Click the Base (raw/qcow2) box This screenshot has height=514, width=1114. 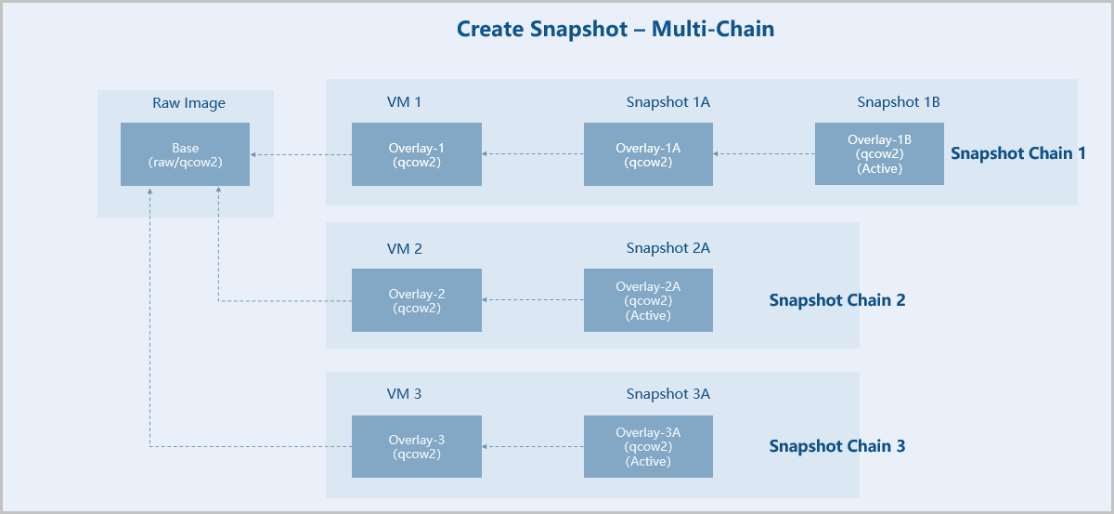185,154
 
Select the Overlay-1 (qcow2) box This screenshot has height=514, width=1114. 417,154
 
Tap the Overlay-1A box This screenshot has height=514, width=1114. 648,154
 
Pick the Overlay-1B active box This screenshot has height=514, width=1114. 879,154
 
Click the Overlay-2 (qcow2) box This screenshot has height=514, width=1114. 417,300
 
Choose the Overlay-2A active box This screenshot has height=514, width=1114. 648,300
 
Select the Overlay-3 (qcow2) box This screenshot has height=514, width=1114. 417,447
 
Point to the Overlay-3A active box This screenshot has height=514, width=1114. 648,447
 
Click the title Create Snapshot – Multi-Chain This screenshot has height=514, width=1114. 615,29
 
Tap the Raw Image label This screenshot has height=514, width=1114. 188,103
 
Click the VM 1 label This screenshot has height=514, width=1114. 405,102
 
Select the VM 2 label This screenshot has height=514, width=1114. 405,248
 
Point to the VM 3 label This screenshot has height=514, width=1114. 405,394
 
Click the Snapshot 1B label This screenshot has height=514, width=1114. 899,102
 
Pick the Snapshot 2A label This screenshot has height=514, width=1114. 667,248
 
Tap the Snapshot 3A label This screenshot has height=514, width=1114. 667,394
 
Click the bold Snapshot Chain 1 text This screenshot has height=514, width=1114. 1018,153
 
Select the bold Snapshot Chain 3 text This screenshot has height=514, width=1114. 837,446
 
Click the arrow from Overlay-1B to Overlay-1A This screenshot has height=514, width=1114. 764,154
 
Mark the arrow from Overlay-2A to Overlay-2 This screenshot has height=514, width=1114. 533,300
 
